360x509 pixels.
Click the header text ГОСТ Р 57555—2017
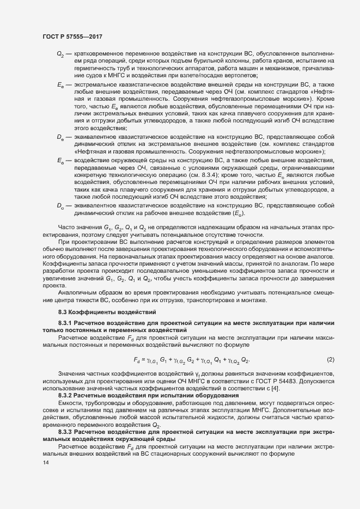click(72, 36)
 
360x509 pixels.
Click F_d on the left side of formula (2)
click(137, 360)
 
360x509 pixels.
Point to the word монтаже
click(253, 299)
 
